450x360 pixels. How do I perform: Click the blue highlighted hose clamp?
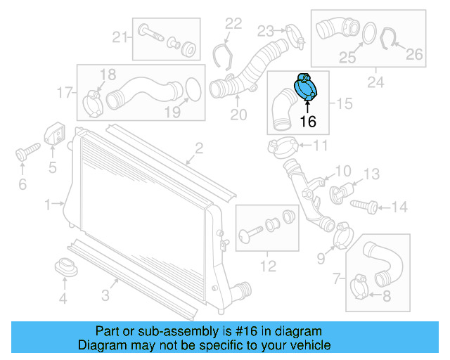tap(305, 88)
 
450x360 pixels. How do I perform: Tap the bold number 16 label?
tap(308, 122)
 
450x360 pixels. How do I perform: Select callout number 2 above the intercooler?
tap(199, 148)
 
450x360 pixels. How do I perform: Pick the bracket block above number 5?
tap(54, 135)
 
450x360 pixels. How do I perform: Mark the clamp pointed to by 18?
tap(92, 101)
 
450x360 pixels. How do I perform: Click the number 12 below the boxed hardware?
tap(266, 266)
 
